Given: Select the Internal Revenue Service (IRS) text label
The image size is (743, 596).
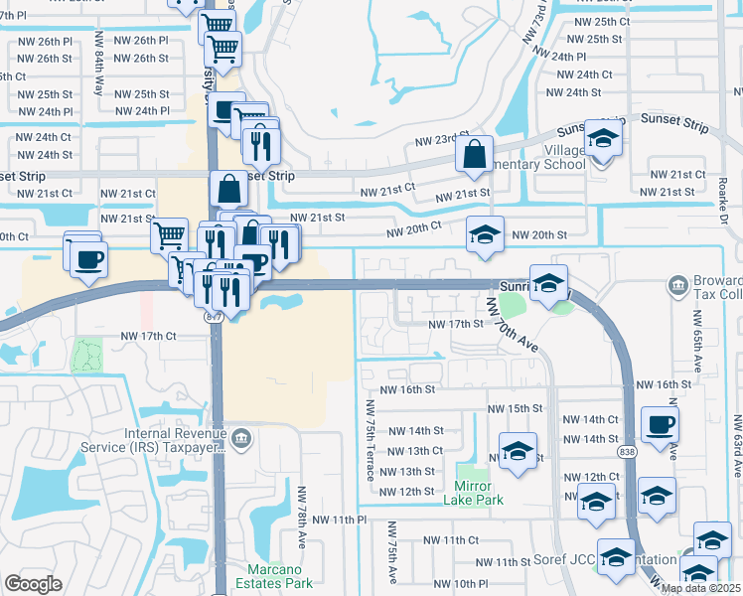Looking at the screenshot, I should pos(175,441).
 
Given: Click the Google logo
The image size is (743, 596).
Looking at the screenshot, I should pos(33,584).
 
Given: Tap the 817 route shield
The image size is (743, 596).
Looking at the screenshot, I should pos(213,316).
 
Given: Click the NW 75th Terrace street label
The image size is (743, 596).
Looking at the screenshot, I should pos(371,440).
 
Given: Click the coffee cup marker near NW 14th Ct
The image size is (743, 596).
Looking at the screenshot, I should pos(661,424).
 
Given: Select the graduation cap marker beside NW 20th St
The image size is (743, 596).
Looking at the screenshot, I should pos(485,234).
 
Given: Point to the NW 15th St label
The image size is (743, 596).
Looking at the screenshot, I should pos(515,409).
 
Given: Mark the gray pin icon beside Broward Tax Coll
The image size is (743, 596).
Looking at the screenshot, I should pos(677,286).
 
